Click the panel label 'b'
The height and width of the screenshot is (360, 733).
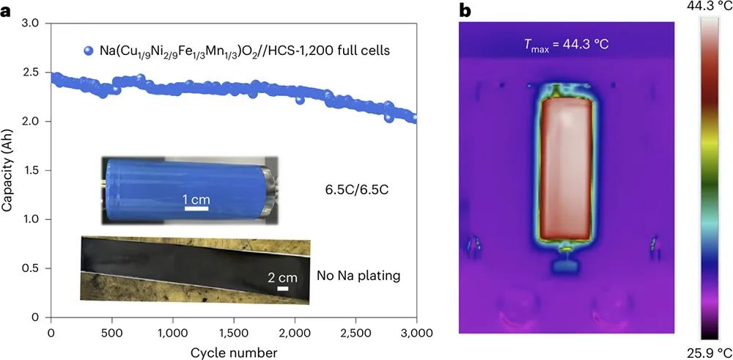pyautogui.click(x=464, y=11)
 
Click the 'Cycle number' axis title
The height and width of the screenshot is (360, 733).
pyautogui.click(x=232, y=352)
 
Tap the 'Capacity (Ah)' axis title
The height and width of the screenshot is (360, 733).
pyautogui.click(x=9, y=170)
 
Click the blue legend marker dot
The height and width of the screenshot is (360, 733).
pyautogui.click(x=89, y=51)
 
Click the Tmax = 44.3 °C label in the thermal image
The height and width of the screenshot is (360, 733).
pyautogui.click(x=565, y=45)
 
